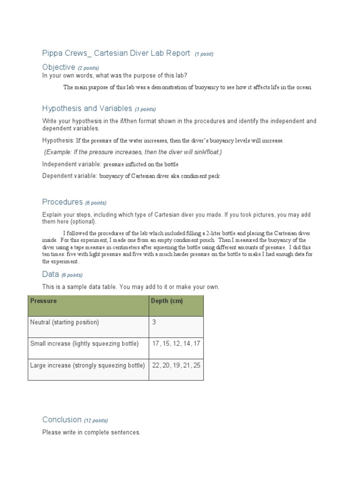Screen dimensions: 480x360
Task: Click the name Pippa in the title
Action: (52, 53)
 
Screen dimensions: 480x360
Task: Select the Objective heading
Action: (59, 67)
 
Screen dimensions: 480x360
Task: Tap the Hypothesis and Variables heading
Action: (87, 109)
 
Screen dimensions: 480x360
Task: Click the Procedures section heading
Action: (62, 202)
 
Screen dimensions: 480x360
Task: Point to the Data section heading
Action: (50, 274)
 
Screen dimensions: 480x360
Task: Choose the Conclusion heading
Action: (62, 420)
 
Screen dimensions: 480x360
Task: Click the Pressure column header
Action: (43, 301)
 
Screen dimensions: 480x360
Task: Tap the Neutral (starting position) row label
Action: (65, 322)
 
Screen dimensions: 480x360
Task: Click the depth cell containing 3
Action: (154, 322)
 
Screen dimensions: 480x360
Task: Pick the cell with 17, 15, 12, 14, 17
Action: (176, 344)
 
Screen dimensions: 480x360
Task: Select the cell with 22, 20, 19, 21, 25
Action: (176, 365)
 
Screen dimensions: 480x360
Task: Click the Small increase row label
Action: (84, 344)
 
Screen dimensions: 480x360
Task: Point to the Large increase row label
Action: (87, 365)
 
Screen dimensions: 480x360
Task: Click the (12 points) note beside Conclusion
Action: (96, 420)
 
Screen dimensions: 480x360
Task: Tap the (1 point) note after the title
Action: (204, 54)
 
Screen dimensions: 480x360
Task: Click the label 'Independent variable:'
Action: (72, 164)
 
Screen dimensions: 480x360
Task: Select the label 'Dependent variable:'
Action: (70, 176)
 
